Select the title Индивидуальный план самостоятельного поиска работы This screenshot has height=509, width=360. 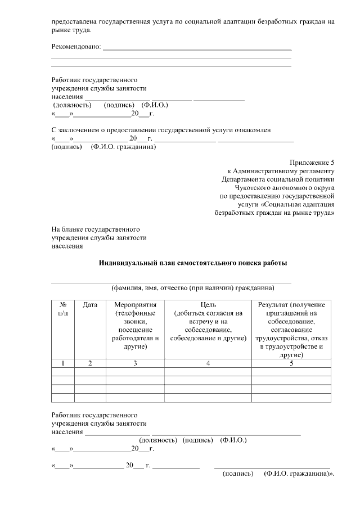(x=193, y=263)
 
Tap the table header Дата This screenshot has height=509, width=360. (x=90, y=304)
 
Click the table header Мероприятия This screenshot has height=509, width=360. (x=135, y=304)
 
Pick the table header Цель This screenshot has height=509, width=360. (x=209, y=304)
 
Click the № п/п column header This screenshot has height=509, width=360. (x=63, y=308)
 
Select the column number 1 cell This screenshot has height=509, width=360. (x=63, y=363)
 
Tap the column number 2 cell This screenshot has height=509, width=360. (x=90, y=363)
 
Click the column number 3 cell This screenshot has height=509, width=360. (x=135, y=363)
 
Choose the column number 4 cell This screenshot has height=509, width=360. (x=209, y=363)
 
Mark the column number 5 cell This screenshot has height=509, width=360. (x=291, y=363)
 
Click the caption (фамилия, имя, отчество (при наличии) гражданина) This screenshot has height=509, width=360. (x=193, y=288)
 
